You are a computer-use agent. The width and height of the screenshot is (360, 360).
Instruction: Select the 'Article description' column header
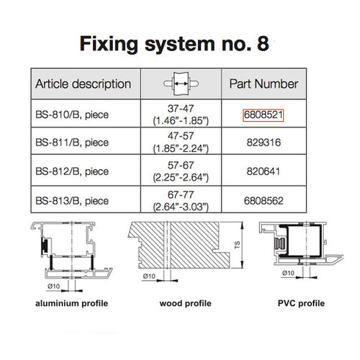point(83,84)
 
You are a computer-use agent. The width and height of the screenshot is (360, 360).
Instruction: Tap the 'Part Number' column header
point(264,84)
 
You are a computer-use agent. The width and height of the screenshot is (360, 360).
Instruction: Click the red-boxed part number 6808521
point(264,114)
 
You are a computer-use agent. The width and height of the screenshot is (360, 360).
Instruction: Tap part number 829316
point(264,143)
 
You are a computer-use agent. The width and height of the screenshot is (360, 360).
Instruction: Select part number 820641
point(264,173)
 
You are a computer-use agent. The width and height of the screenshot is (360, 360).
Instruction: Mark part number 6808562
point(264,202)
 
